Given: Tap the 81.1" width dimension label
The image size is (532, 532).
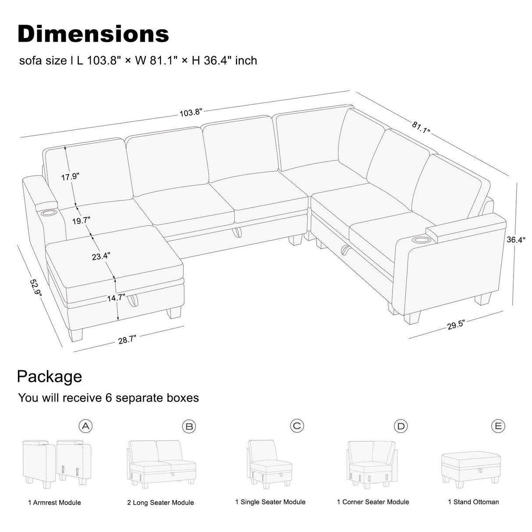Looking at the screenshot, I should [x=421, y=127].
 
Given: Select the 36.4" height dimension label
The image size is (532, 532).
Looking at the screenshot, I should [x=516, y=240].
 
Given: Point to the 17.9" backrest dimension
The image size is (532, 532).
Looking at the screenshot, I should [x=70, y=177].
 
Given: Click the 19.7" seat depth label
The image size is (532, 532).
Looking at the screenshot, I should [x=81, y=220].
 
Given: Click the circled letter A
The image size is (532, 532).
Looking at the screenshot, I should [x=86, y=426].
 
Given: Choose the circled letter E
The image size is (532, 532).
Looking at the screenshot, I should [x=498, y=426].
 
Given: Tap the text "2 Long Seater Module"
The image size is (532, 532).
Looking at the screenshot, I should [x=160, y=503].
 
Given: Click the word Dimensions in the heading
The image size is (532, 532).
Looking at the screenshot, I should [x=93, y=34].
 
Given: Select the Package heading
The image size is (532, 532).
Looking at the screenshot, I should [x=49, y=376].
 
